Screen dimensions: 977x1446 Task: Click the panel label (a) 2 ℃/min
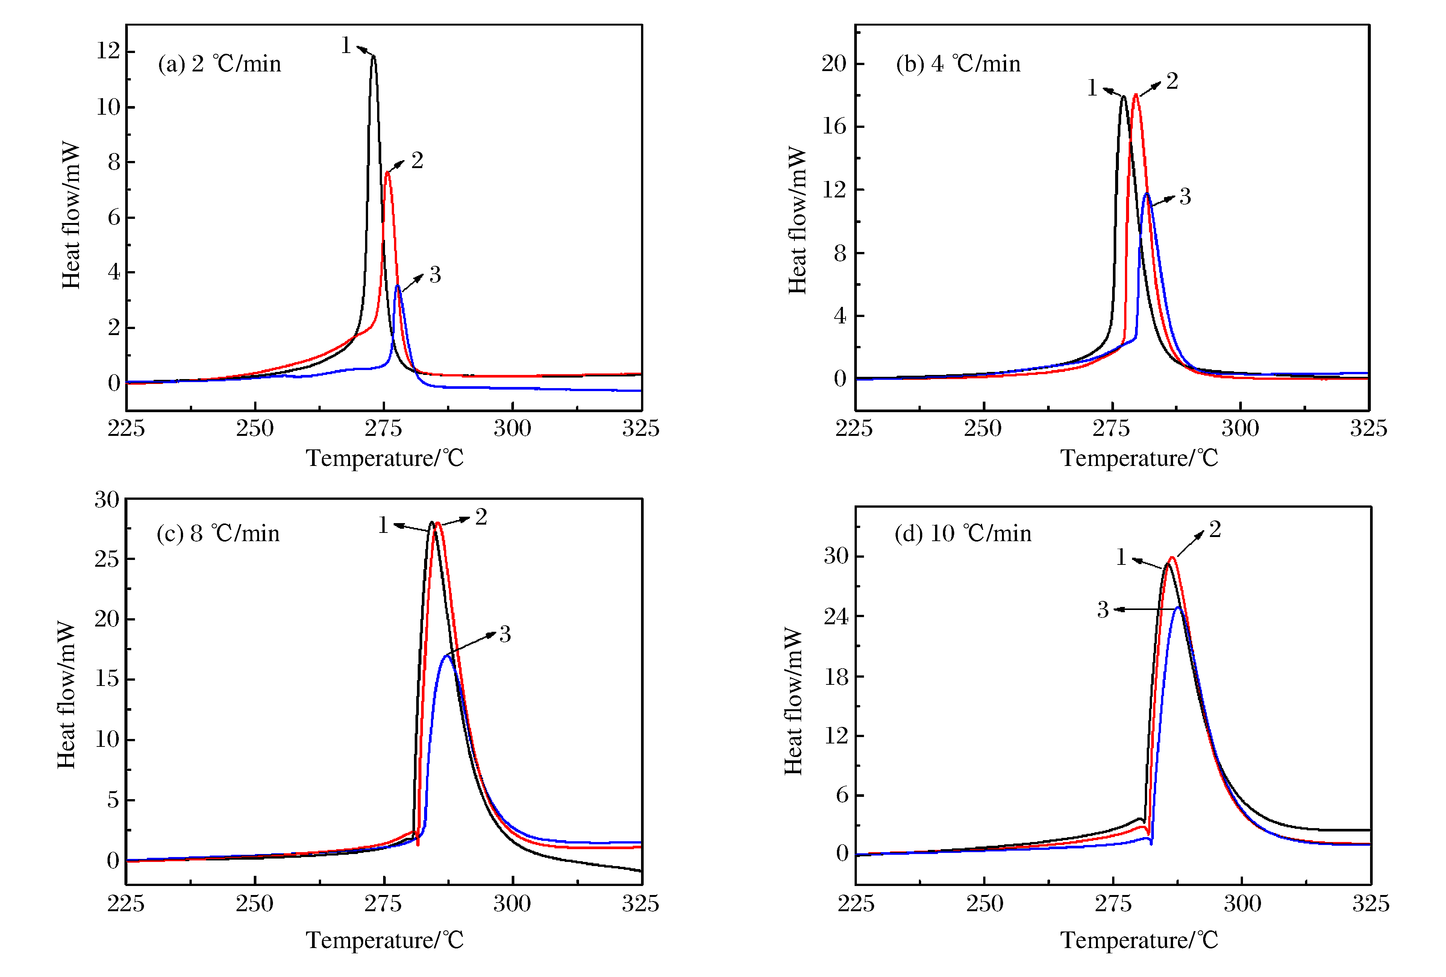[x=219, y=64]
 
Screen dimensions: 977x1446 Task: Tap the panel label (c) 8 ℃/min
[x=218, y=533]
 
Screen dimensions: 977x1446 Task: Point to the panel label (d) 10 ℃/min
[x=962, y=533]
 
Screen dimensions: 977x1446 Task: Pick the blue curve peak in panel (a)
[x=397, y=286]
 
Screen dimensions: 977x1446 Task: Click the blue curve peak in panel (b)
[x=1146, y=194]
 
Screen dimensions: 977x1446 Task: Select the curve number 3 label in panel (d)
[x=1102, y=610]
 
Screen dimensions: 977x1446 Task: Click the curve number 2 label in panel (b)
[x=1172, y=81]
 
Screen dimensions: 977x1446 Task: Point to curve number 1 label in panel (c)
[x=383, y=525]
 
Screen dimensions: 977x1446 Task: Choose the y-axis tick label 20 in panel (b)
[x=834, y=64]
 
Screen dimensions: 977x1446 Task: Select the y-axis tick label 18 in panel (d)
[x=836, y=677]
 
